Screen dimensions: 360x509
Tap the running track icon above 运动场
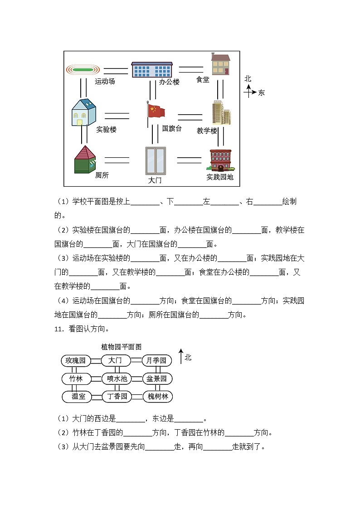[83, 70]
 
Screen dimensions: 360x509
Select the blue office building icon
[152, 70]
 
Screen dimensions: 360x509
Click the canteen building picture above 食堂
[220, 64]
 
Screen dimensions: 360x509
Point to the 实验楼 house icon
[84, 112]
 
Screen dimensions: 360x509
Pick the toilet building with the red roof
[85, 160]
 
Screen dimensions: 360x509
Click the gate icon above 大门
[156, 160]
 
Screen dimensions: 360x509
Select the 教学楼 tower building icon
[221, 113]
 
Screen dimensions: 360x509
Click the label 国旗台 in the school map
[172, 128]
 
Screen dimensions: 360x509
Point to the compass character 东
[261, 93]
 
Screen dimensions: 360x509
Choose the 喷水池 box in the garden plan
[117, 378]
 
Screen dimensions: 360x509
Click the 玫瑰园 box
[75, 361]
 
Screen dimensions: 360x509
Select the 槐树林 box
[158, 397]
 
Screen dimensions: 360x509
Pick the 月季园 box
[157, 361]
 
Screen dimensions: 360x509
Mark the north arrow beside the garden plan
[180, 356]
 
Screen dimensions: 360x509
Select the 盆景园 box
[157, 378]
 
